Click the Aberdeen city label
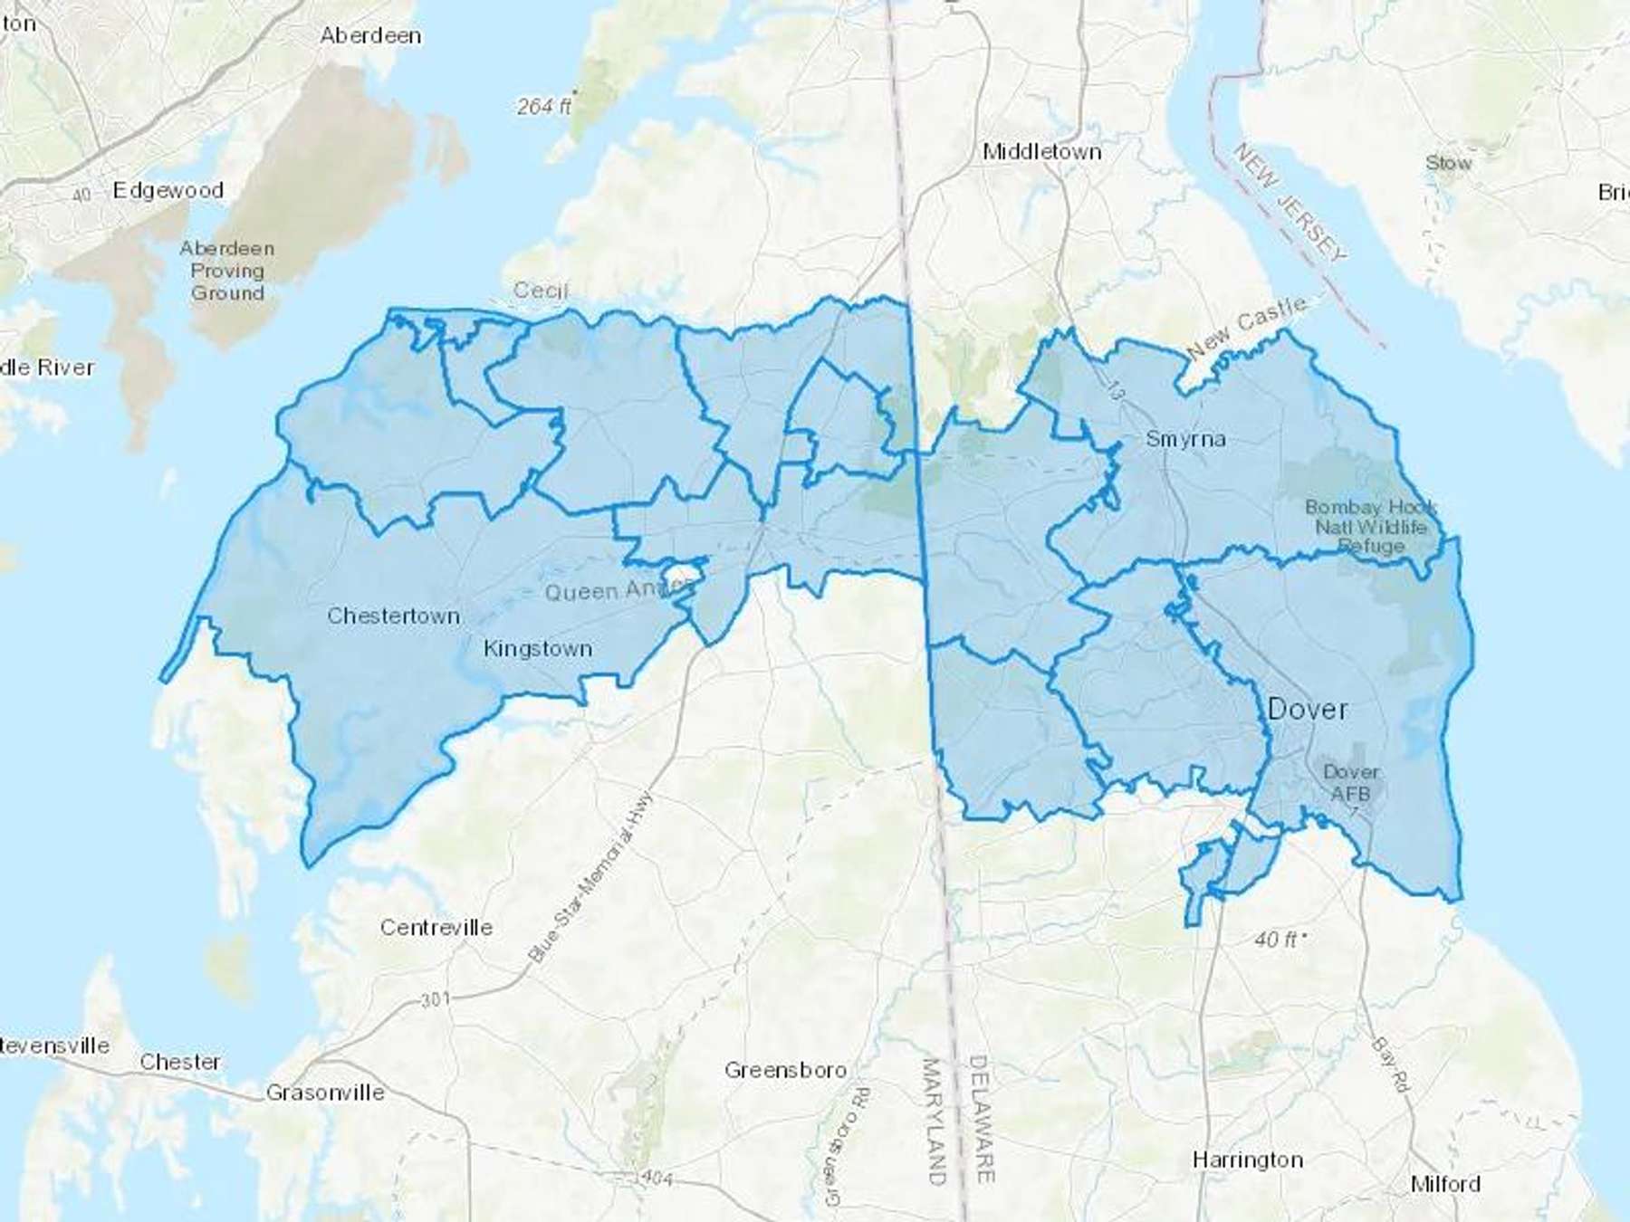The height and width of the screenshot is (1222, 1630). [370, 36]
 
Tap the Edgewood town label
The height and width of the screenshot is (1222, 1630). [168, 190]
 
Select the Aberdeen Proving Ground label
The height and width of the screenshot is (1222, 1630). [226, 271]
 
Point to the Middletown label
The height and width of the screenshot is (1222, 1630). [1042, 152]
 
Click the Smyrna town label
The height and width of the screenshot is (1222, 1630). [1185, 439]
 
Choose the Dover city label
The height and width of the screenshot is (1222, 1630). [1307, 709]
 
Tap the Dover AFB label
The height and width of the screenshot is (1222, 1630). [1351, 783]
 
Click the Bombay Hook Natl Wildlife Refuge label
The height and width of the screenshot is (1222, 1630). [1371, 527]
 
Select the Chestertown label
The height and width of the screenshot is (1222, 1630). [393, 616]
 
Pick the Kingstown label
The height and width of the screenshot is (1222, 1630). [538, 649]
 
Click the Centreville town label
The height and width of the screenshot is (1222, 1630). [436, 928]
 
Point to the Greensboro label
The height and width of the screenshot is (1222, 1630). [785, 1071]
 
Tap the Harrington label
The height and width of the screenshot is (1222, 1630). [1247, 1160]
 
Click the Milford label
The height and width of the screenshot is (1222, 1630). [1445, 1184]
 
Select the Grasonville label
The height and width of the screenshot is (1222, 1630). [325, 1093]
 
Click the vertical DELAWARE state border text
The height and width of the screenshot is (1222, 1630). [983, 1119]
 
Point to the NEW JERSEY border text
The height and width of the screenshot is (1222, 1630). [1290, 203]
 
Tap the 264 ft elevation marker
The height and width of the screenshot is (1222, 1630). [544, 107]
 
